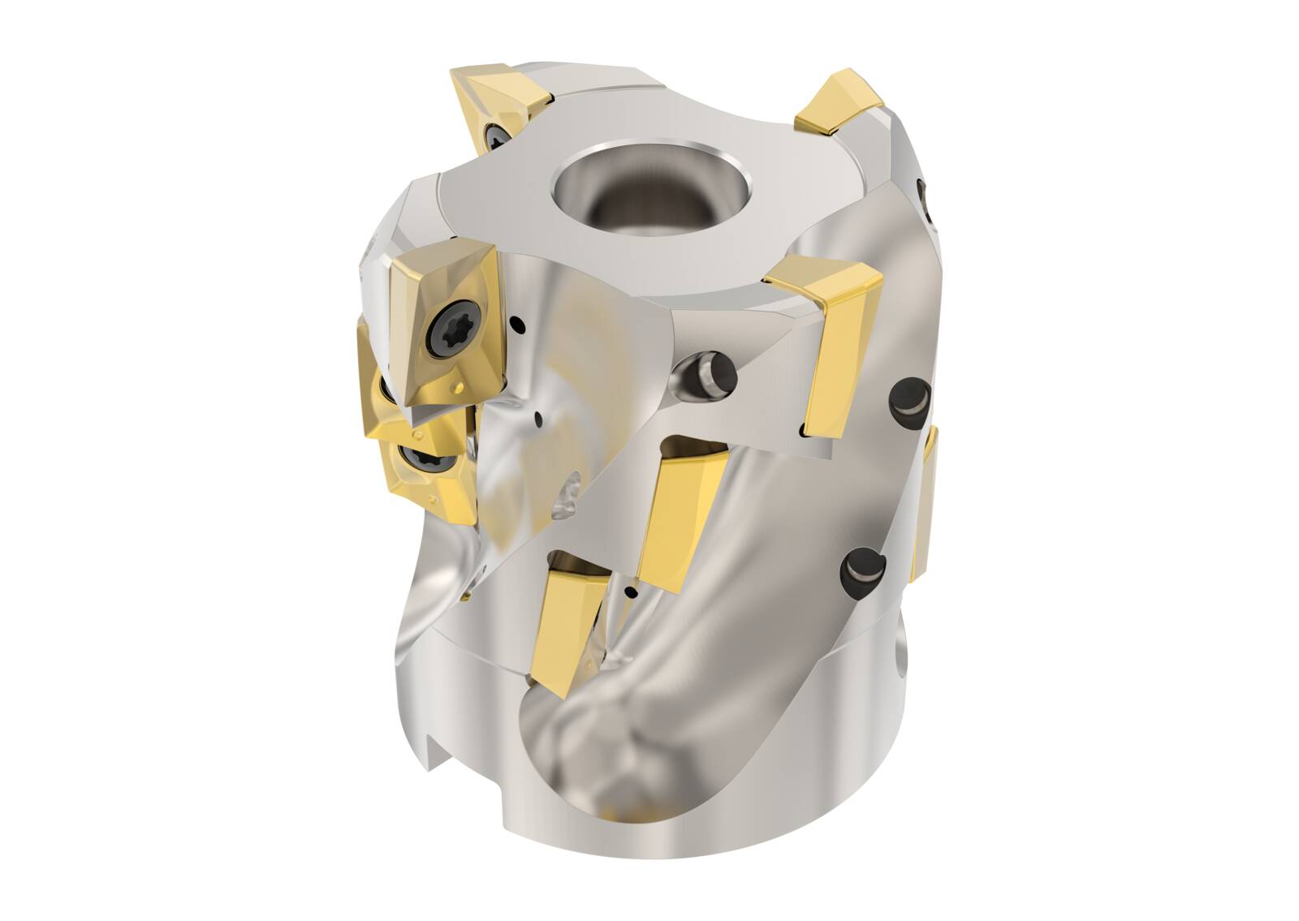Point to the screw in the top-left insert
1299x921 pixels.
click(494, 135)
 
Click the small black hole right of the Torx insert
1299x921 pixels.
click(518, 327)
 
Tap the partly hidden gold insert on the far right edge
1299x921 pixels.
click(928, 503)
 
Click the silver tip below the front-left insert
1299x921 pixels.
click(422, 415)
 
